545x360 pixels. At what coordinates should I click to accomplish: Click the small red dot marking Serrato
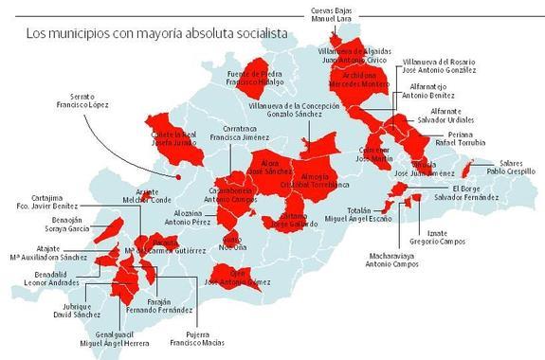click(178, 175)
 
